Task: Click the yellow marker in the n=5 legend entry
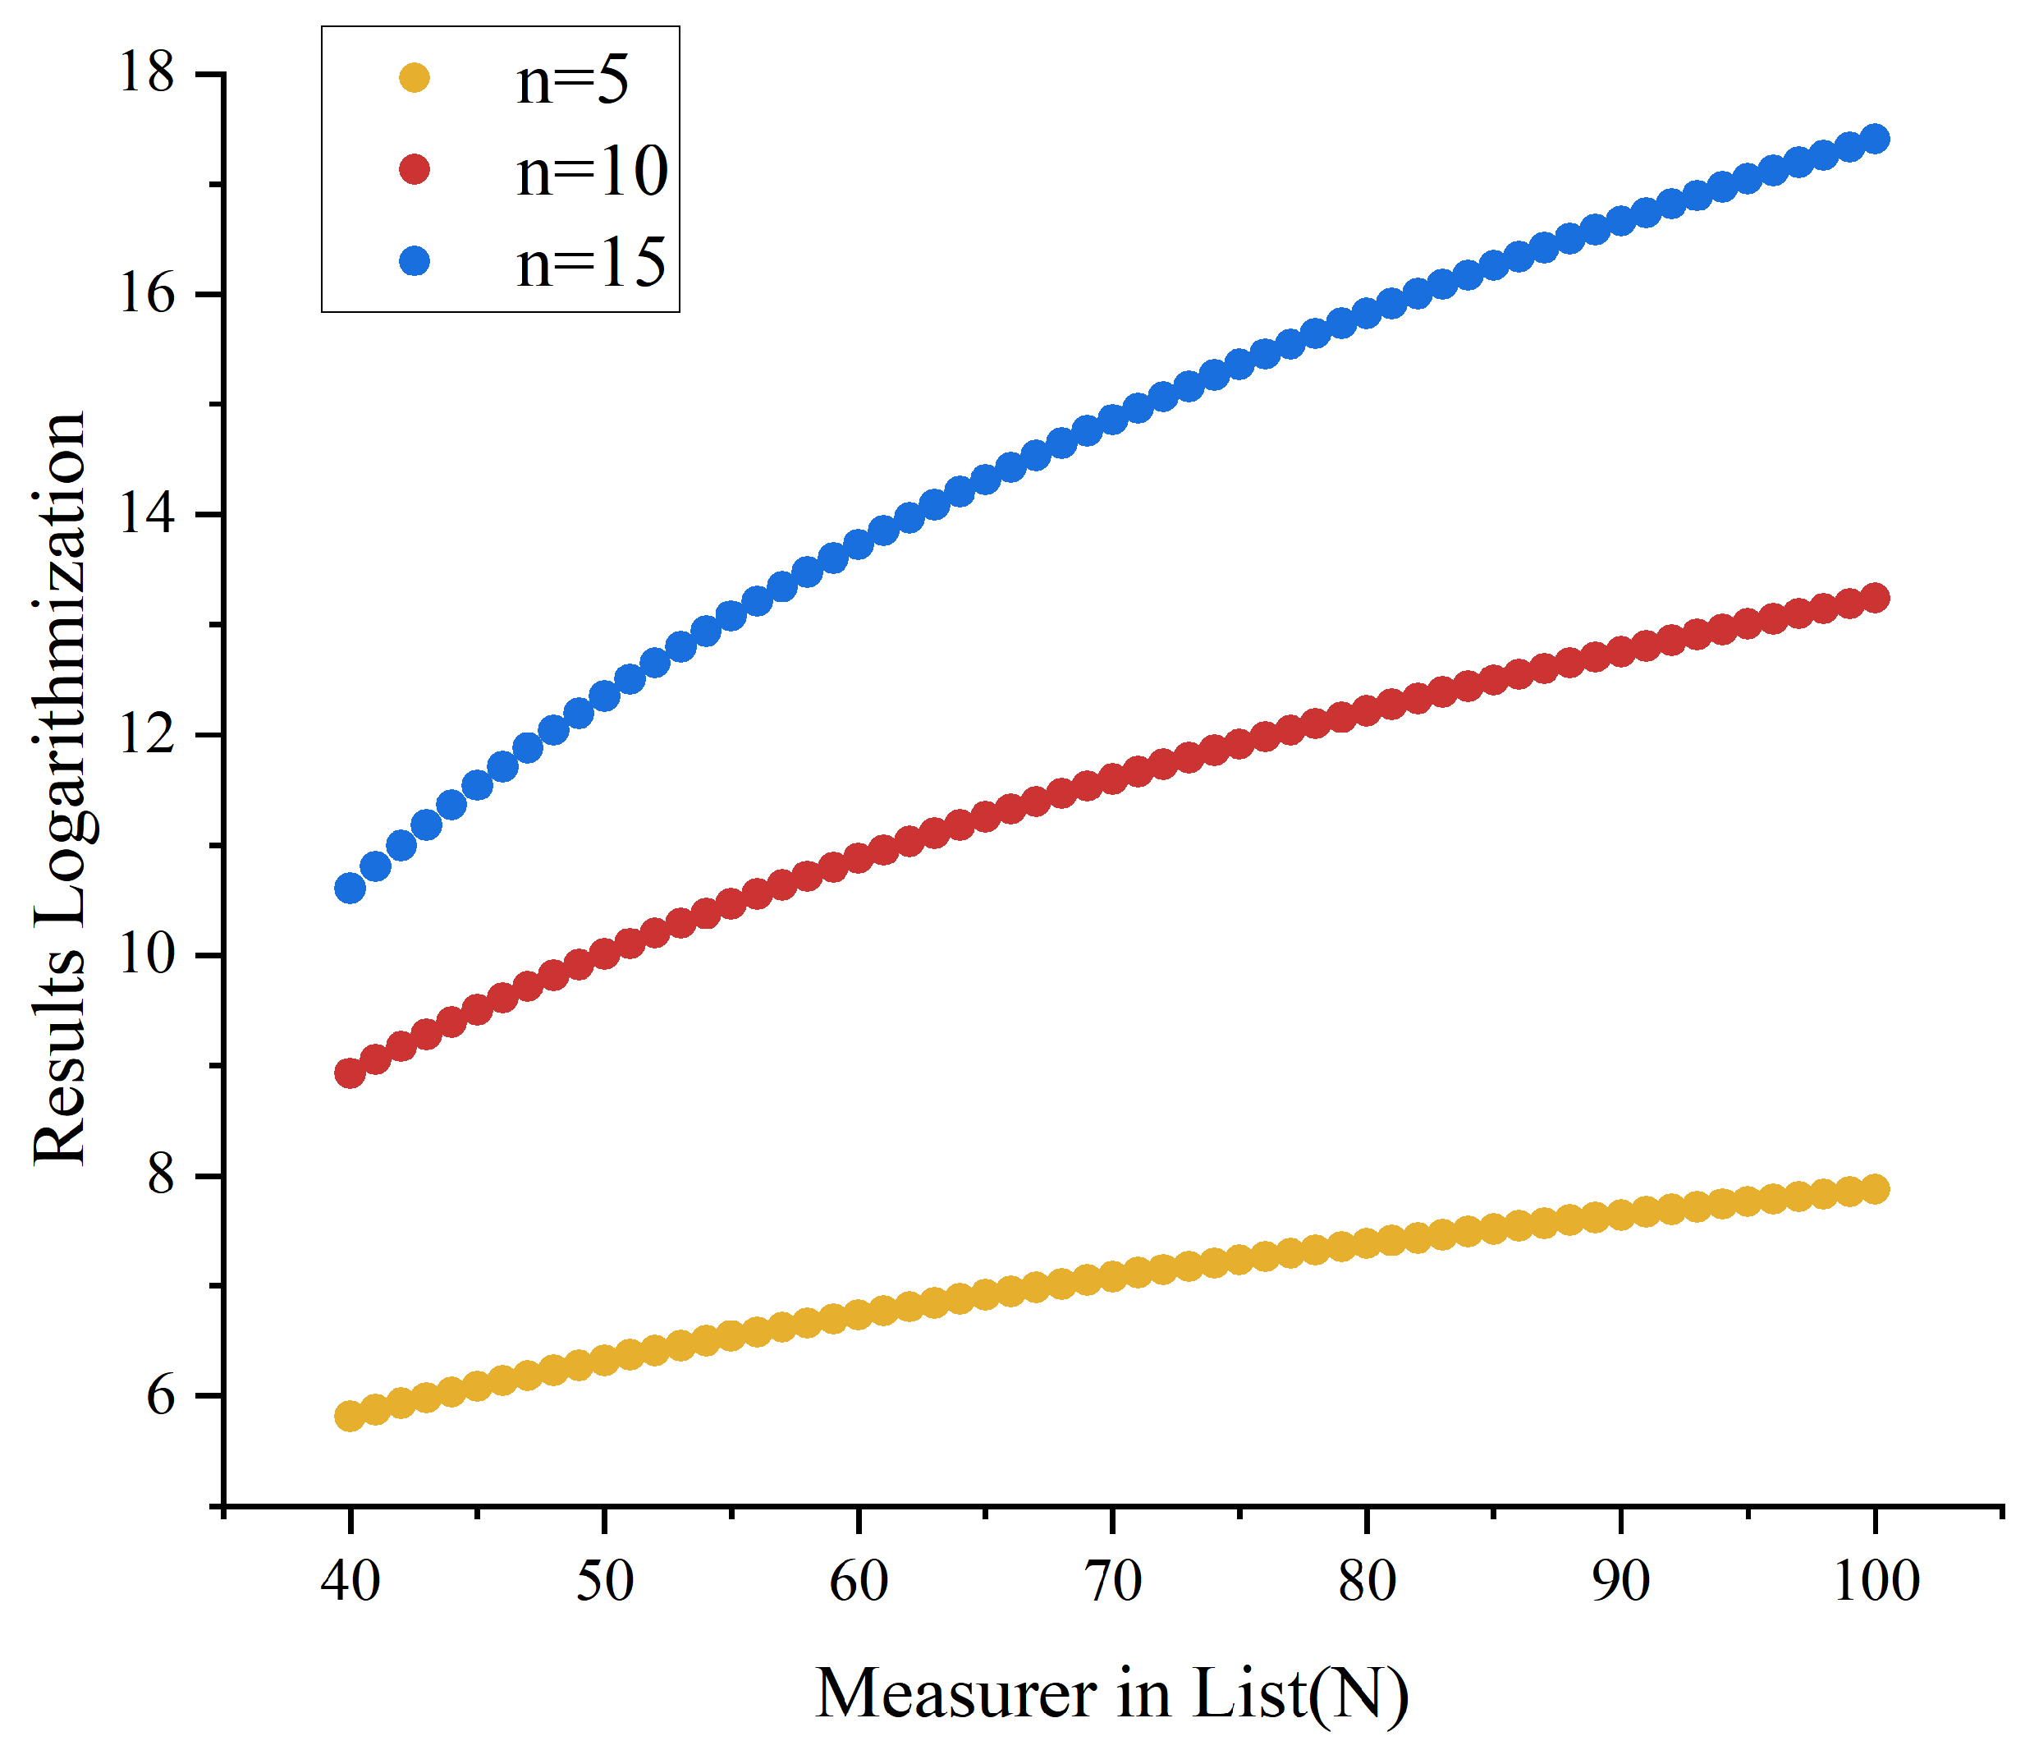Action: (415, 78)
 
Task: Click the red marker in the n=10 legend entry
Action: (415, 169)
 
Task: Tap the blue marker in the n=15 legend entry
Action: (415, 261)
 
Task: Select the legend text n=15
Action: (591, 263)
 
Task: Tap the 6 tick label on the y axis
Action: (160, 1396)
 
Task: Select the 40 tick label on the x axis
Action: (350, 1582)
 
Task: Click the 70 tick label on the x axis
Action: (1113, 1582)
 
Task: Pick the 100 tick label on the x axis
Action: (1876, 1582)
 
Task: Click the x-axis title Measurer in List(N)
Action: (1112, 1695)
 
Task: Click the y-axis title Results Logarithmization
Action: (59, 788)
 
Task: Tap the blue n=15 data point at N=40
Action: (350, 888)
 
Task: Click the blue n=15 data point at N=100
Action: (1876, 139)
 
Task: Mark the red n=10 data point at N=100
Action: (1876, 598)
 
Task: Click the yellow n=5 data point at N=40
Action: (350, 1417)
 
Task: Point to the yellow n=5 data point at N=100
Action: (1876, 1188)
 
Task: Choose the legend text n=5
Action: (571, 80)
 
